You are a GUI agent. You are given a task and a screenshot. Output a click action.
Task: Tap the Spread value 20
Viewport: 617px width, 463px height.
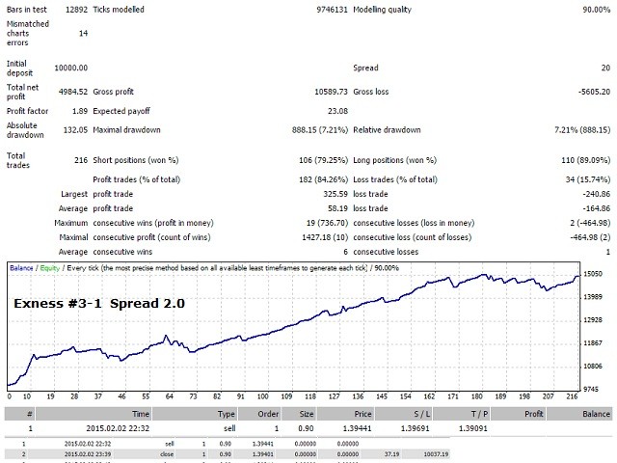pos(604,68)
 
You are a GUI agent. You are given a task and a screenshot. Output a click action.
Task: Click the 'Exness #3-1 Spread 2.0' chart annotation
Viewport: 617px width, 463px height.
pos(98,303)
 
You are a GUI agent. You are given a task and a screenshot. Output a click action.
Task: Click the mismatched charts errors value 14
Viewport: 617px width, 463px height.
pos(82,33)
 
